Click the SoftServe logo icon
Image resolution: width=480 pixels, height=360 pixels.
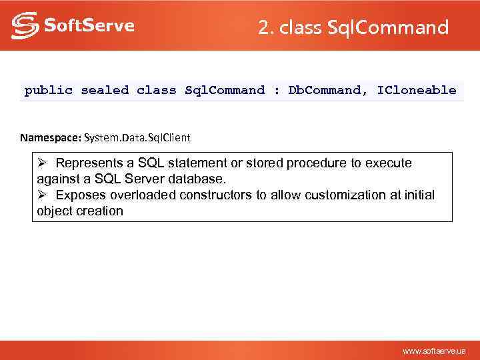point(25,26)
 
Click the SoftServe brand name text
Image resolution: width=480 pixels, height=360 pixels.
point(89,26)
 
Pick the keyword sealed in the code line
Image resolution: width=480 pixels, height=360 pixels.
point(105,90)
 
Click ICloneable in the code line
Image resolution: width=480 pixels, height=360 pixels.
point(417,90)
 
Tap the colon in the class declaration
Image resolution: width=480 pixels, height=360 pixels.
point(277,90)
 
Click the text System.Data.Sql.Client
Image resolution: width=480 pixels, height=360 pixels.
point(137,138)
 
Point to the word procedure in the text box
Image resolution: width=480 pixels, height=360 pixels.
point(329,163)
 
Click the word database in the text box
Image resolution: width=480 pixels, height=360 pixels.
point(199,179)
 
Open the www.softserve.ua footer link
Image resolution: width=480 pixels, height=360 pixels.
point(434,351)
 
